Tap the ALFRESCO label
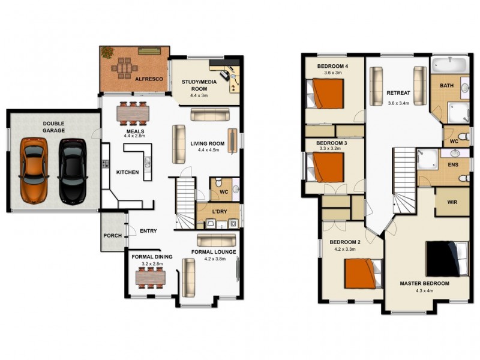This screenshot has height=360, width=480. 146,79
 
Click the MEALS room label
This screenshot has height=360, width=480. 134,130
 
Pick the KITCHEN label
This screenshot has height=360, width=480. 127,172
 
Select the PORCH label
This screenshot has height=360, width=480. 112,236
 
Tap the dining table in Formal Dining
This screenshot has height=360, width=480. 150,277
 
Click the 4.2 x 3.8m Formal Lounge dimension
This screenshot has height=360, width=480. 213,259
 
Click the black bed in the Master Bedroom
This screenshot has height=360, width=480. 447,259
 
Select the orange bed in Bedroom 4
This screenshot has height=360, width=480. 327,94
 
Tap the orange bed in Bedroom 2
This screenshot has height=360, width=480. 364,274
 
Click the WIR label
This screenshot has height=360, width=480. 452,202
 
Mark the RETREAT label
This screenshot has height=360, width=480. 398,93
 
